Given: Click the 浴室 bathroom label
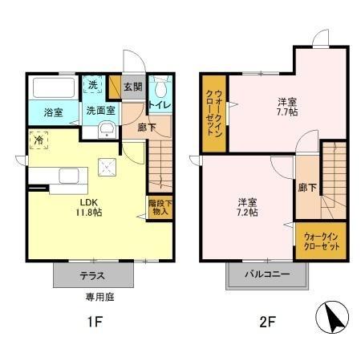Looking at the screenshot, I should (42, 112).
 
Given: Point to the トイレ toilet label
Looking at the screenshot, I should (160, 104).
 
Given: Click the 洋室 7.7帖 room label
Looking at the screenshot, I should (287, 107).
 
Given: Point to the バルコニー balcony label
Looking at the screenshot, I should (268, 275).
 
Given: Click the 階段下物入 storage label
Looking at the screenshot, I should (159, 208).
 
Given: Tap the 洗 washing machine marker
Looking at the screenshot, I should (93, 85).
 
